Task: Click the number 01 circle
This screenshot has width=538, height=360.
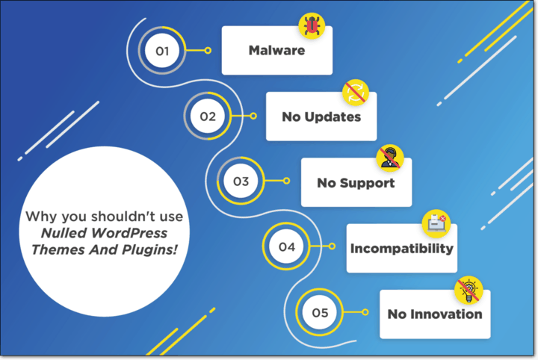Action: coord(162,51)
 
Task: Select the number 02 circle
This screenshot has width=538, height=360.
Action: coord(207,116)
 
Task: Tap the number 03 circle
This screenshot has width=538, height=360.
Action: coord(241,181)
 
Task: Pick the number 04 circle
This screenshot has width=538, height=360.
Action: coord(287,246)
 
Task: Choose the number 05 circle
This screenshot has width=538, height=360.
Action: coord(320,312)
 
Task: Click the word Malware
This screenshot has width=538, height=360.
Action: coord(276,51)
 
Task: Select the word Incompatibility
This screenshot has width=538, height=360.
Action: coord(401,248)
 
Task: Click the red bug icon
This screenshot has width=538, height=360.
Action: coord(312,26)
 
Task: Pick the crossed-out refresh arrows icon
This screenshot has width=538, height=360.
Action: coord(356,92)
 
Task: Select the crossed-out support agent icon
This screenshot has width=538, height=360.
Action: coord(390,157)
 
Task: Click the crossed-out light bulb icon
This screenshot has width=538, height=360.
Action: coord(469,288)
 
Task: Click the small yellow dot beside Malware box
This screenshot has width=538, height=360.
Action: coord(208,51)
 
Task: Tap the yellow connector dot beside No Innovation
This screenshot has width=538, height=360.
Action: coord(365,312)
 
